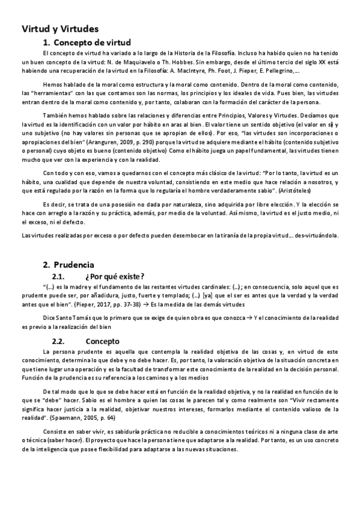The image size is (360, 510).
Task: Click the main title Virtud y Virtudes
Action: pyautogui.click(x=60, y=29)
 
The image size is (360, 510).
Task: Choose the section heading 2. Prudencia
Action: pyautogui.click(x=68, y=264)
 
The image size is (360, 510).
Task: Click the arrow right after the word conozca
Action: pyautogui.click(x=251, y=318)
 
